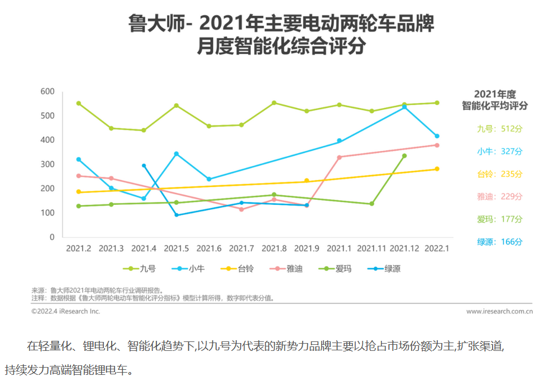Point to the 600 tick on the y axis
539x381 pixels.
[47, 91]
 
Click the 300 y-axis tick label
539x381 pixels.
[47, 165]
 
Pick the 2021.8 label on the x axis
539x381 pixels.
[274, 247]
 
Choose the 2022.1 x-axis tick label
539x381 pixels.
[437, 247]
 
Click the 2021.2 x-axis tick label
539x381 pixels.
[79, 247]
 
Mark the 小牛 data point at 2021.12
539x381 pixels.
[404, 107]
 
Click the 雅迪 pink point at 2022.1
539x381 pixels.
[437, 145]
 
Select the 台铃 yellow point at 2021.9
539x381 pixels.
[307, 180]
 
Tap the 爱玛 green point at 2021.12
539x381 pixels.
[404, 156]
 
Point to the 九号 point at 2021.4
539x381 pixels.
[144, 131]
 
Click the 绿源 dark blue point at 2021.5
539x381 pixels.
[177, 215]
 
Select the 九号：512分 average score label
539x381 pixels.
[499, 129]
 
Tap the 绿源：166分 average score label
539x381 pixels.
[499, 242]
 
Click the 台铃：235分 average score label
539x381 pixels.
[499, 174]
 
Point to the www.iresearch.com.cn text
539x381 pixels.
[499, 311]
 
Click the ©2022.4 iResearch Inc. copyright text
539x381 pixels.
[66, 311]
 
